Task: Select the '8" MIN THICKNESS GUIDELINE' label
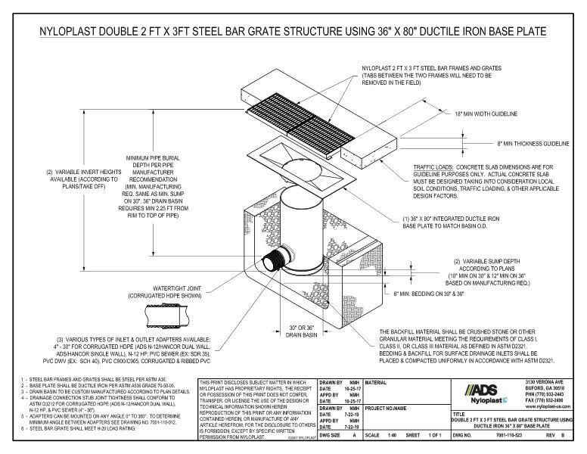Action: (x=523, y=142)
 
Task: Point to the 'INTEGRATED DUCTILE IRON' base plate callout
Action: (x=454, y=222)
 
